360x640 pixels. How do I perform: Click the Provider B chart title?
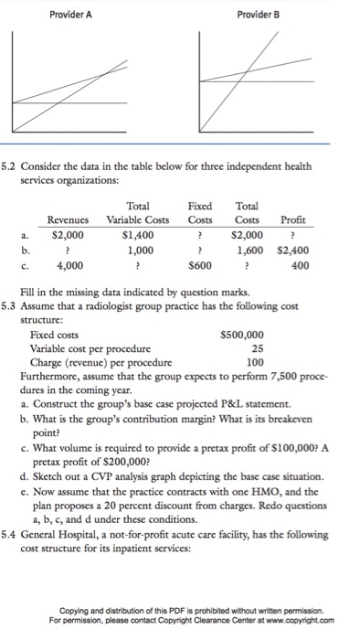click(258, 16)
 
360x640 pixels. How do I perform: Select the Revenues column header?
click(69, 220)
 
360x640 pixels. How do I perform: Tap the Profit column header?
click(294, 220)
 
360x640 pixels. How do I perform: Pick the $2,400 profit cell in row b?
click(292, 250)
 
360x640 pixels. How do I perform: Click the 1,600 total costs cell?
click(249, 250)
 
